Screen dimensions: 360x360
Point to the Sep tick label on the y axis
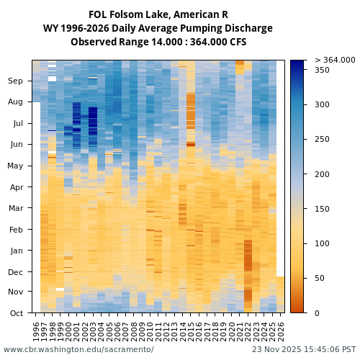(16, 81)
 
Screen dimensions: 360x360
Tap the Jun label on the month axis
(16, 145)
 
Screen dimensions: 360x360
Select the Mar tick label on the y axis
(16, 209)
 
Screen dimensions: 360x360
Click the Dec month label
(16, 272)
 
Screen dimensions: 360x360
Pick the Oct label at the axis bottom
(16, 313)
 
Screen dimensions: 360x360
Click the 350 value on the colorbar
(322, 70)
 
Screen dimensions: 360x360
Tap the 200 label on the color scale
(322, 174)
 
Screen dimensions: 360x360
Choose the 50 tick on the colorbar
(320, 278)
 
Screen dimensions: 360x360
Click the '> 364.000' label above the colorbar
(335, 60)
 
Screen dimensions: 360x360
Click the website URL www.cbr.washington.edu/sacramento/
(78, 349)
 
